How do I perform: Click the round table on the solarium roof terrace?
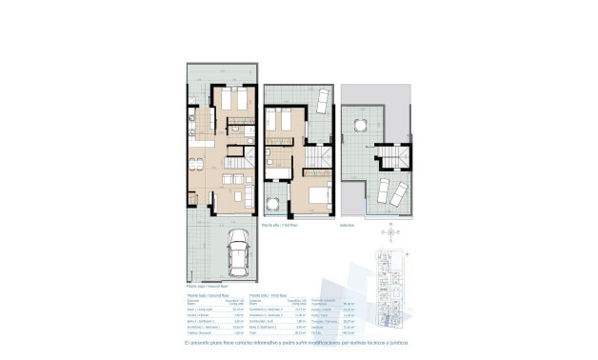coord(360,125)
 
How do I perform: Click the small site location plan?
coord(391,287)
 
